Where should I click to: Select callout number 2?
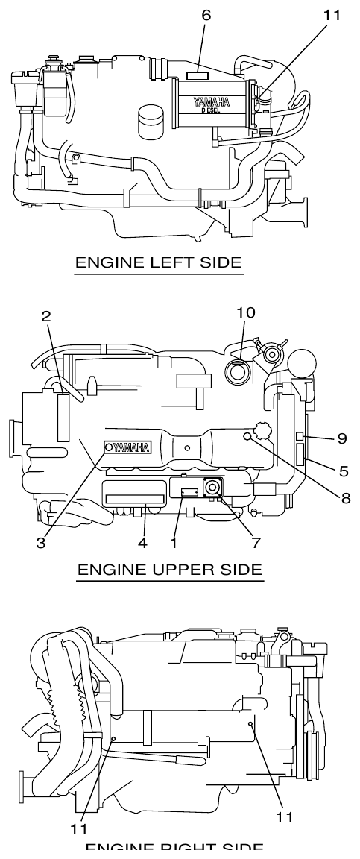coord(47,317)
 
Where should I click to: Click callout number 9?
coord(341,438)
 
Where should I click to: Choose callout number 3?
coord(42,544)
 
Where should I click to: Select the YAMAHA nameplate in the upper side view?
coord(129,447)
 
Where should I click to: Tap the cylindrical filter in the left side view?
coord(151,120)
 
